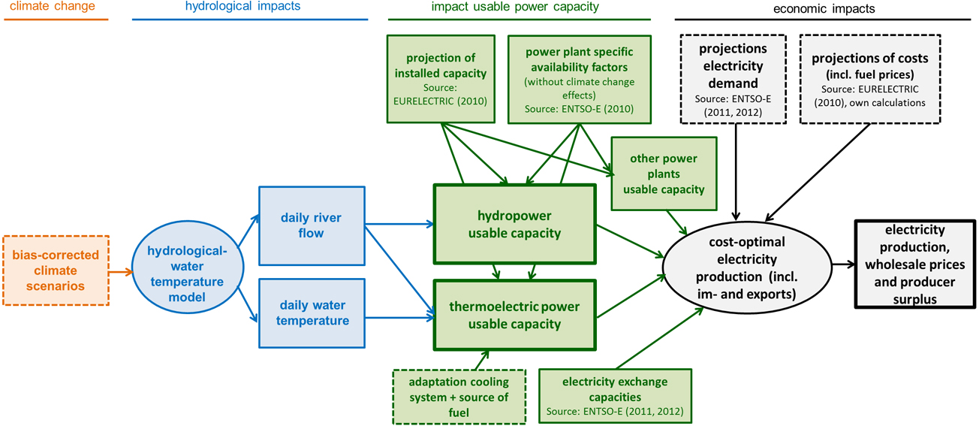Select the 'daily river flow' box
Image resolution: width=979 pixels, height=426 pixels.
click(x=312, y=225)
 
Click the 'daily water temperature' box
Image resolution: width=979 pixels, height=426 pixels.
click(x=312, y=313)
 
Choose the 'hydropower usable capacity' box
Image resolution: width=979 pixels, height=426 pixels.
click(x=514, y=224)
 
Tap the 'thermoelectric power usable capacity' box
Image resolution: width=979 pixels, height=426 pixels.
click(x=514, y=316)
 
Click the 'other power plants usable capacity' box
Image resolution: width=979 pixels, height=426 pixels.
click(x=663, y=174)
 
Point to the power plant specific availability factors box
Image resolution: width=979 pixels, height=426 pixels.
click(x=579, y=78)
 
